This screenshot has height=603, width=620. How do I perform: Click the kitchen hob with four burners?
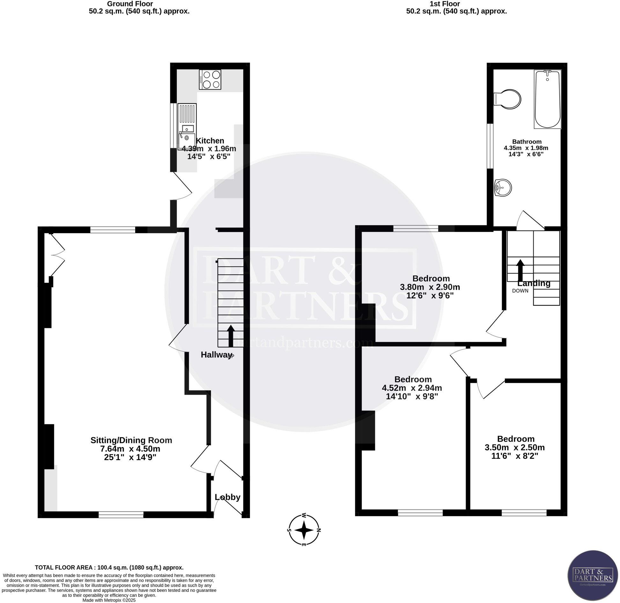point(210,80)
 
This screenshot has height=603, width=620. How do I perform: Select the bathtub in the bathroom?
point(547,99)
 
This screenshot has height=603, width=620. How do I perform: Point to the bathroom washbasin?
point(503,187)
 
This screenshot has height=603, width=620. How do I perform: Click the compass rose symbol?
point(304,530)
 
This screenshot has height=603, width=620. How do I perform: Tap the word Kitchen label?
point(210,141)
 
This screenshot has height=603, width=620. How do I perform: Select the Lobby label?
point(227,497)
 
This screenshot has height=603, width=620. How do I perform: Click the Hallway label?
point(216,355)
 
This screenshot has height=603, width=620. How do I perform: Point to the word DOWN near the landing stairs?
point(520,291)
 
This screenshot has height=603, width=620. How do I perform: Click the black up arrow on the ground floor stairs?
point(231,336)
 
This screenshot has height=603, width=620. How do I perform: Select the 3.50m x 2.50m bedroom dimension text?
point(514,447)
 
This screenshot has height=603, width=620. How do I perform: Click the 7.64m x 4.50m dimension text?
point(130,449)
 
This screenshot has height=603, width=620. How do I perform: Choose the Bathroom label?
point(527,142)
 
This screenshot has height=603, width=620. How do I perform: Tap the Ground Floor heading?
point(130,4)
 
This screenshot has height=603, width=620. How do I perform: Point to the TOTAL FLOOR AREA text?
point(109,568)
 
